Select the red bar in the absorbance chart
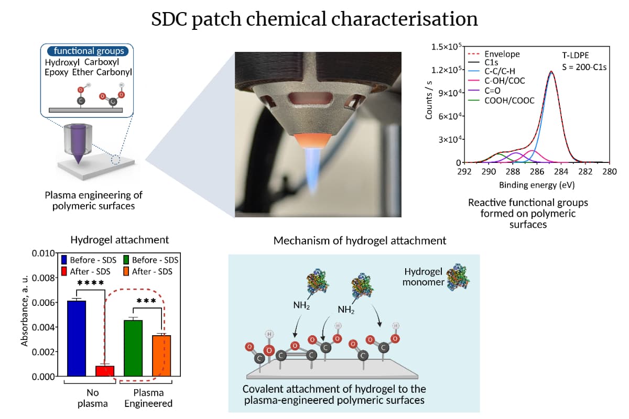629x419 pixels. click(x=105, y=371)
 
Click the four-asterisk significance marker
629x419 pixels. click(x=91, y=283)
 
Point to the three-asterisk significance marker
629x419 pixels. click(x=147, y=302)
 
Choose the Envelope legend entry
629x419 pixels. click(x=502, y=54)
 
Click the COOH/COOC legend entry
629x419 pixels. click(x=509, y=100)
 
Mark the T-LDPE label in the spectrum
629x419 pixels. click(x=576, y=54)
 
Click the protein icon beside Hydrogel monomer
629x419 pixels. click(x=458, y=277)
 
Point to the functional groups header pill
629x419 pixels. click(x=89, y=51)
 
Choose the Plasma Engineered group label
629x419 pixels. click(x=148, y=398)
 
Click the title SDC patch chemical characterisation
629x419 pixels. click(x=314, y=19)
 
